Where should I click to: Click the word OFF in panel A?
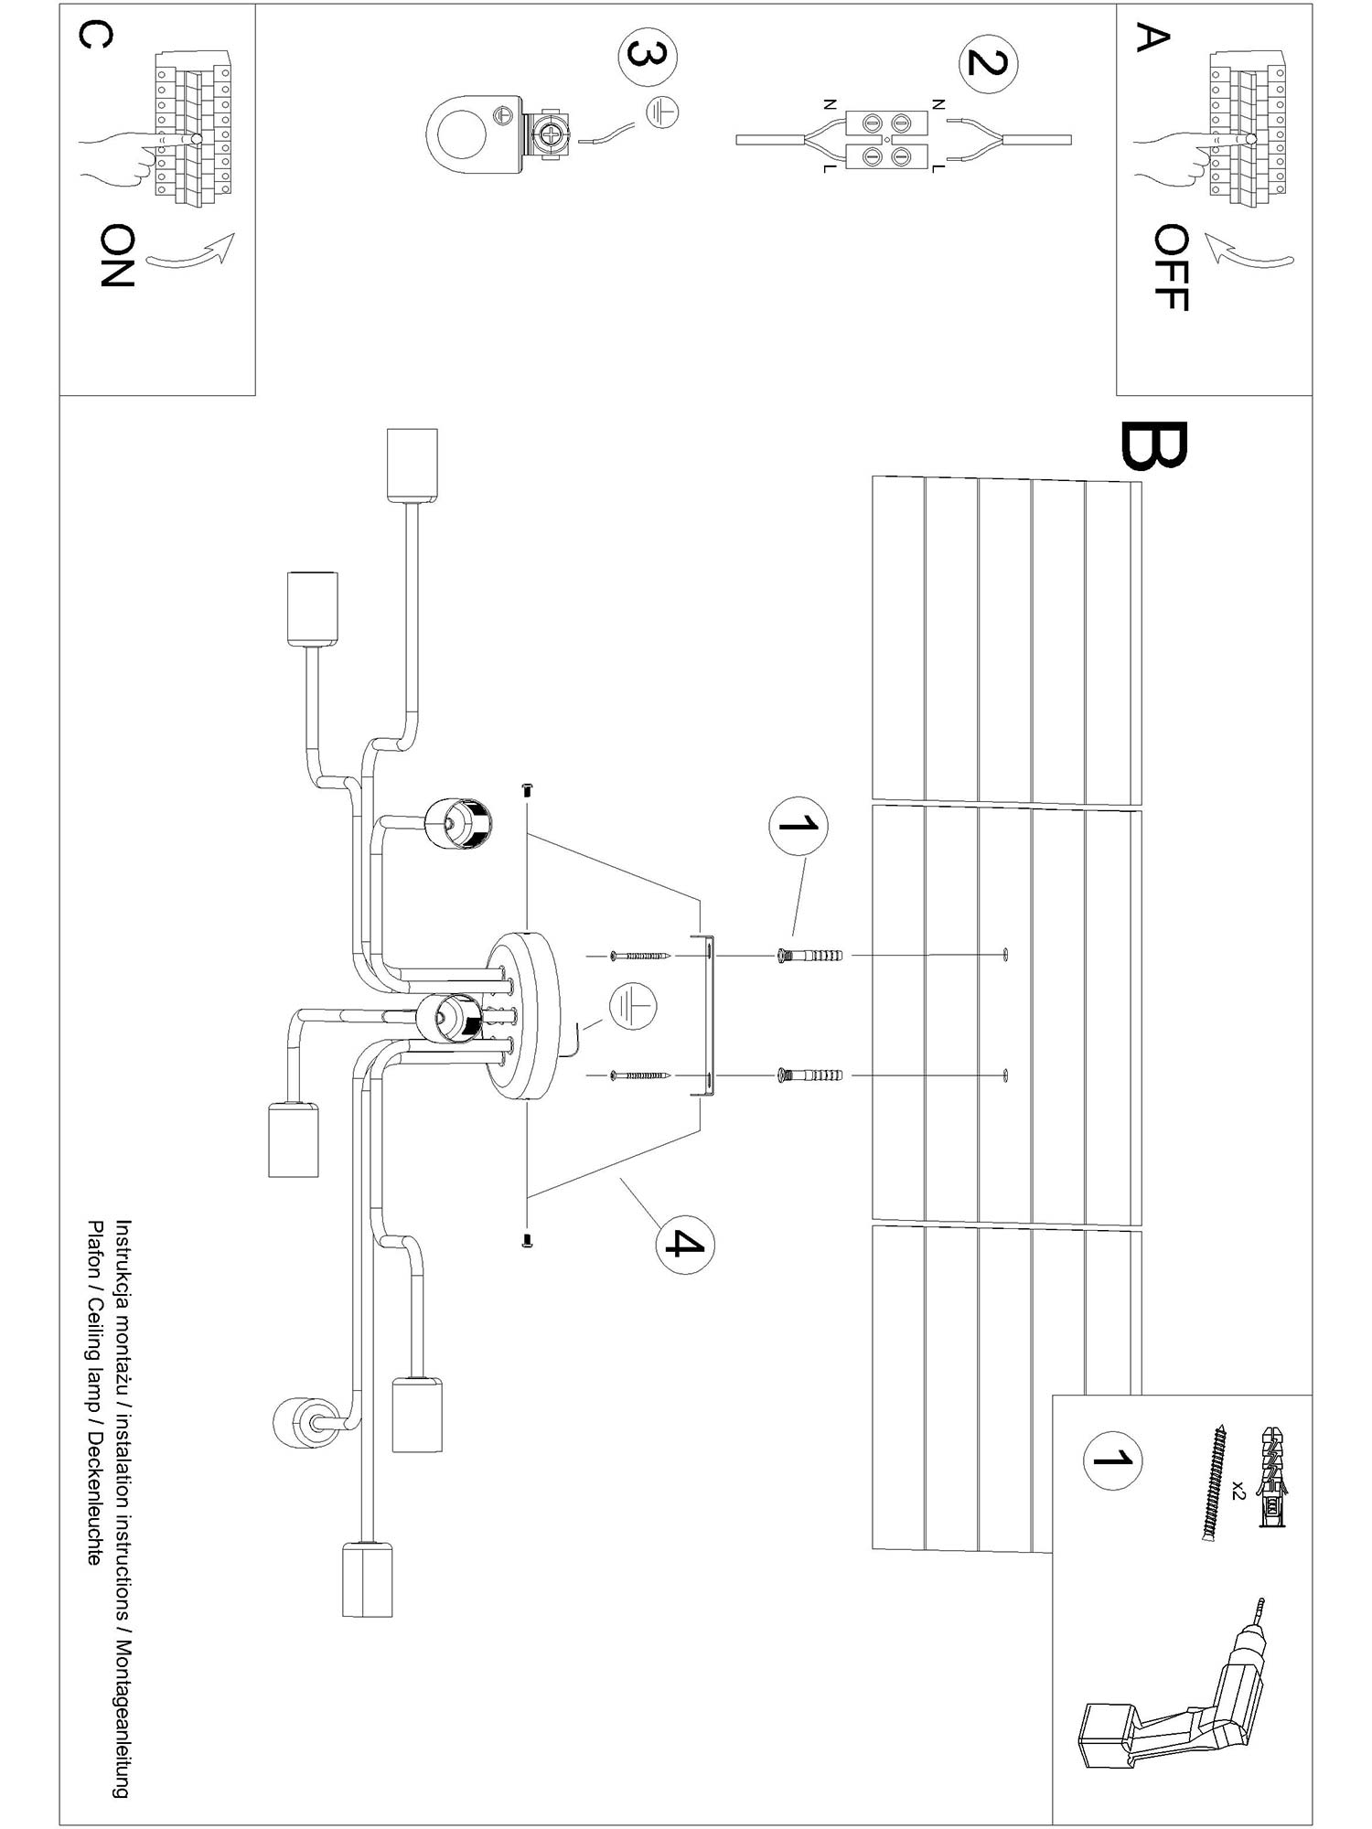[x=1170, y=267]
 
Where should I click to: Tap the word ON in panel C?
[x=117, y=255]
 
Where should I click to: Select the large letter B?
[x=1153, y=446]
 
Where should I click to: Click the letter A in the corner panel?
[x=1152, y=37]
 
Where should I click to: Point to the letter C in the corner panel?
[x=96, y=36]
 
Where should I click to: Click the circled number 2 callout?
[x=988, y=63]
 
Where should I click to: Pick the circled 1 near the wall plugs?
[x=799, y=826]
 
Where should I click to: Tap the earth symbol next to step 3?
[x=662, y=112]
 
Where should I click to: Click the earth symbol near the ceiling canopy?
[x=633, y=1005]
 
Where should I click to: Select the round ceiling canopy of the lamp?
[x=523, y=1015]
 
